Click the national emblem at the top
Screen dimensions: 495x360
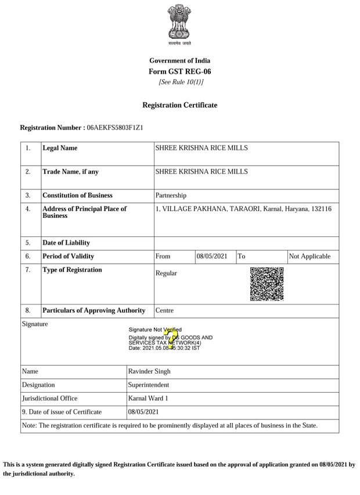click(179, 24)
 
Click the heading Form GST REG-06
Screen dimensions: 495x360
click(179, 71)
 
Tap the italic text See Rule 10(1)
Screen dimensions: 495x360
click(181, 82)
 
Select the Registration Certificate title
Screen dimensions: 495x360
click(180, 105)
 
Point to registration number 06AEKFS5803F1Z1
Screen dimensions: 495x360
click(115, 127)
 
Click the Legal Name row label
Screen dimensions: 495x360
click(60, 148)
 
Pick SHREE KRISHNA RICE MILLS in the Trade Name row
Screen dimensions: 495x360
click(201, 171)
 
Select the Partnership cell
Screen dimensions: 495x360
click(171, 196)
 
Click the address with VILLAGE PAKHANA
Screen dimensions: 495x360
click(243, 209)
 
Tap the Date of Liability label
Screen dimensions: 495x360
click(66, 243)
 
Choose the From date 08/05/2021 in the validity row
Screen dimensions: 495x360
click(211, 256)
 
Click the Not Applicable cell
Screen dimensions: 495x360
click(309, 256)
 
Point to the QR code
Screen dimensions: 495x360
click(267, 284)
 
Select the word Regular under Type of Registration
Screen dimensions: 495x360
click(167, 273)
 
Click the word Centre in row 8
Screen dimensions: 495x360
click(165, 311)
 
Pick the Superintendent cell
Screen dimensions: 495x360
click(149, 385)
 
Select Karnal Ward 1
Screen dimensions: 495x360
click(149, 399)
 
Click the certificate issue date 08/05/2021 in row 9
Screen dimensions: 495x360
click(143, 412)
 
